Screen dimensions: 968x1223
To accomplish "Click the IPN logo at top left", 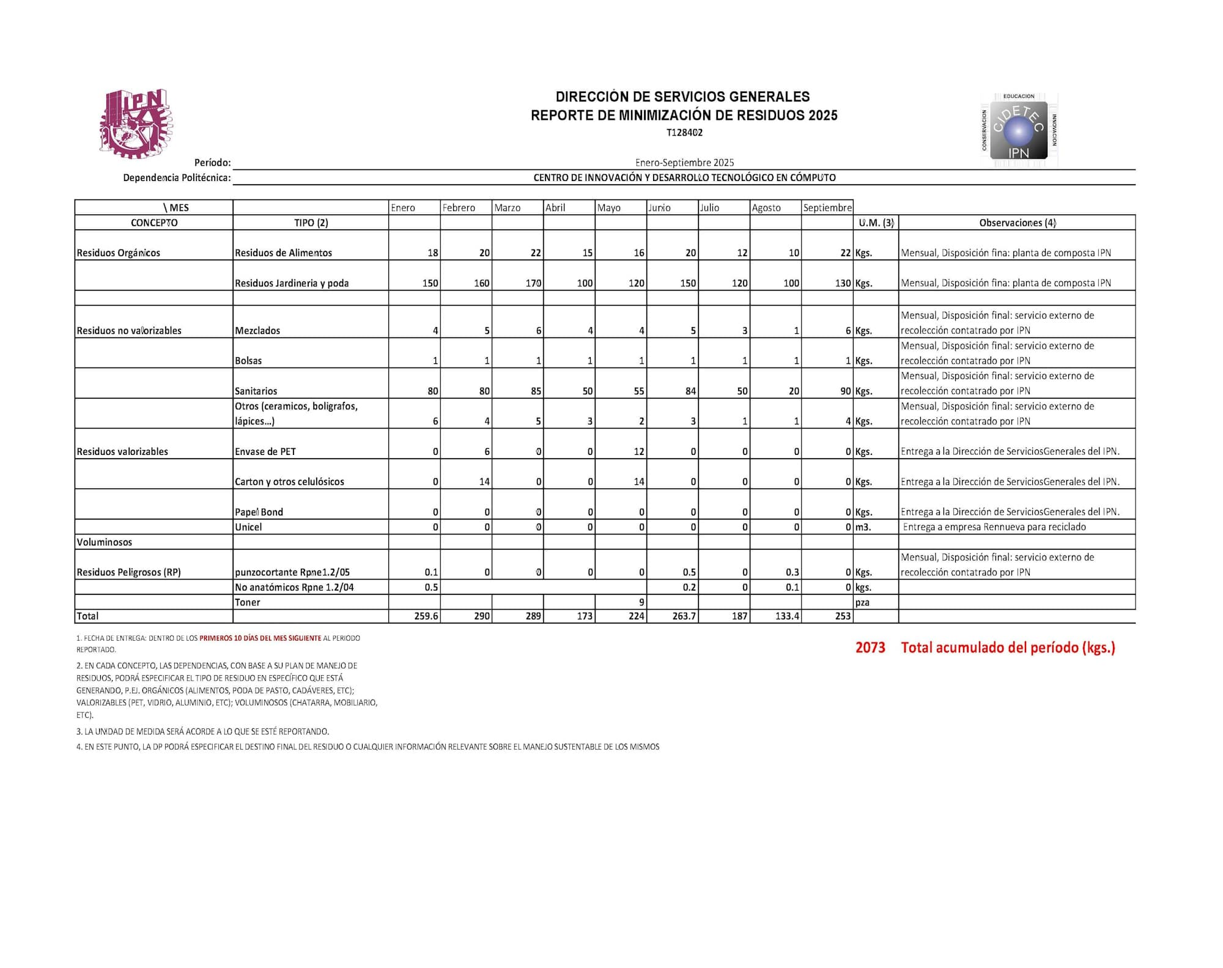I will point(136,124).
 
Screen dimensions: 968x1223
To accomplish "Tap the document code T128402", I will point(684,133).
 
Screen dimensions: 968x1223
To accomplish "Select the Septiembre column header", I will point(827,208).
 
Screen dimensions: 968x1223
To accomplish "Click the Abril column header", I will point(555,208).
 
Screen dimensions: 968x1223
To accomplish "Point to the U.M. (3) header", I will point(876,223).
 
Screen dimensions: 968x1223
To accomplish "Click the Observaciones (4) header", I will point(1017,223).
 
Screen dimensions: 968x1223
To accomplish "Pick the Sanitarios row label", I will point(256,391).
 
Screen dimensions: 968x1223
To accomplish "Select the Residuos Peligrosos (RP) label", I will point(128,572).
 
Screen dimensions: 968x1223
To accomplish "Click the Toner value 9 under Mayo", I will point(641,602).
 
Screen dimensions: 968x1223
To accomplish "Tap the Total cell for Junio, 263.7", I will point(684,616).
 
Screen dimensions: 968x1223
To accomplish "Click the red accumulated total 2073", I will point(870,648).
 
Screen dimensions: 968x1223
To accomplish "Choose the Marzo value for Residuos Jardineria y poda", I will point(533,283).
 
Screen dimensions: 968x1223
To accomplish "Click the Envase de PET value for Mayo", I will point(638,451).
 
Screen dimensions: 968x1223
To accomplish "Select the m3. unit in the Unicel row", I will point(863,527).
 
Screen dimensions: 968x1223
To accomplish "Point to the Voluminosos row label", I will point(104,542).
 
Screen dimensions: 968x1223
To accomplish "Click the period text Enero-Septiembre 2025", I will point(684,163).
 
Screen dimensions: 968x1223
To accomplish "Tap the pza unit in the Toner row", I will point(862,602).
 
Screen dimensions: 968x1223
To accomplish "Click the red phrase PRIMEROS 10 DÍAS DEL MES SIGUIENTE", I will point(260,638).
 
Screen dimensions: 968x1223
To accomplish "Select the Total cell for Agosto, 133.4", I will point(787,616).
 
